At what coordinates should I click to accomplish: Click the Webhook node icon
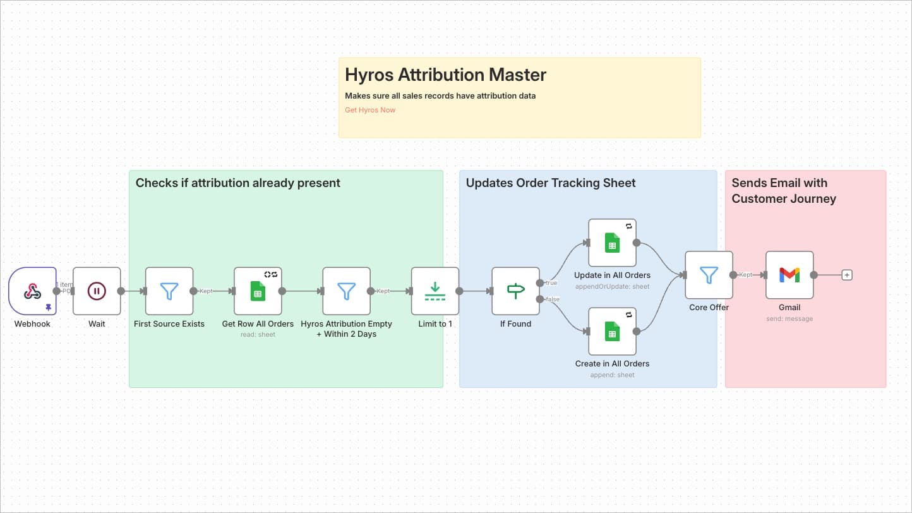32,291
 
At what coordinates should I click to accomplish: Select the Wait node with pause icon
97,291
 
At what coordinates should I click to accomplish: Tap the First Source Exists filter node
169,291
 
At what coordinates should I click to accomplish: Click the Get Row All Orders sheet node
258,291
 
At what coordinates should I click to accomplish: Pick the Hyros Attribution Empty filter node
346,291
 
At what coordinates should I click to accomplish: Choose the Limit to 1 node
435,291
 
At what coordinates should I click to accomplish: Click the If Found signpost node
515,291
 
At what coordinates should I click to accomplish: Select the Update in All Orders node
612,243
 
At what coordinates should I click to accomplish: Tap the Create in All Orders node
612,331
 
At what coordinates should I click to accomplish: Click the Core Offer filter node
709,275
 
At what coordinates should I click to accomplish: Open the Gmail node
789,275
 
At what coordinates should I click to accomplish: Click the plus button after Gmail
847,275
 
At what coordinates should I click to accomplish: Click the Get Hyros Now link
370,110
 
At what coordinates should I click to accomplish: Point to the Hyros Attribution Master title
445,75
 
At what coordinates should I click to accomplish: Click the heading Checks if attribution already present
238,183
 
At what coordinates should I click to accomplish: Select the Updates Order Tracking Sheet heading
551,183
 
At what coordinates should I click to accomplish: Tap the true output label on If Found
551,283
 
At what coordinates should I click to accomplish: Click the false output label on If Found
552,299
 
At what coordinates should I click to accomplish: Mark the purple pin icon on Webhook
49,308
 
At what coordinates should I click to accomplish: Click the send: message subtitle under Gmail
789,319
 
